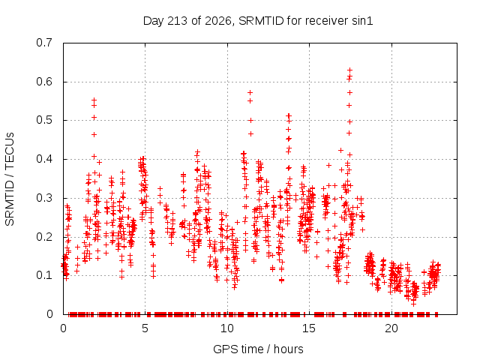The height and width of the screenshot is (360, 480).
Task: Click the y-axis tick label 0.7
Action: [44, 43]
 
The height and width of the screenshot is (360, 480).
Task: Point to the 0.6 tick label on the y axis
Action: [44, 82]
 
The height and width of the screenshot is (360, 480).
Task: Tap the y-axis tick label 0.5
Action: [44, 120]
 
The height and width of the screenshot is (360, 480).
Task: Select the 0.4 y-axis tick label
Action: [44, 159]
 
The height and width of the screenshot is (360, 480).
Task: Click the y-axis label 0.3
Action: [44, 198]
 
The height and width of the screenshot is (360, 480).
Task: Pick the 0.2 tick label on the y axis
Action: [44, 237]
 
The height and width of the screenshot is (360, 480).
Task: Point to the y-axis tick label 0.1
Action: [44, 275]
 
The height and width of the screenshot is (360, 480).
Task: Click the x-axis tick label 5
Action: [145, 328]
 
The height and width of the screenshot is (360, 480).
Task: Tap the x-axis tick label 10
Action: [227, 328]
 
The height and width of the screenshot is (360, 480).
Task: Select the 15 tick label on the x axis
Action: [309, 328]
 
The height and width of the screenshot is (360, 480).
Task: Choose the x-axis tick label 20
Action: [391, 328]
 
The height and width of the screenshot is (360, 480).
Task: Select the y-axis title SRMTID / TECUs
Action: [10, 179]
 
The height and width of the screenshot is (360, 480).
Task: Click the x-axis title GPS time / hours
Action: [258, 349]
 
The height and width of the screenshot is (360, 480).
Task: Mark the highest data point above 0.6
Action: [349, 70]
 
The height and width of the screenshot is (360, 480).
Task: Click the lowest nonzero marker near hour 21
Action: [413, 304]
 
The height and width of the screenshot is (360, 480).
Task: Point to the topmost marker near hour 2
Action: [94, 100]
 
